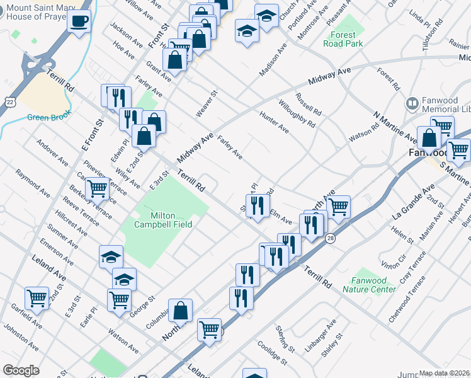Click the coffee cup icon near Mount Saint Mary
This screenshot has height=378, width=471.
79,21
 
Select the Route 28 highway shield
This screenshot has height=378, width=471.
330,236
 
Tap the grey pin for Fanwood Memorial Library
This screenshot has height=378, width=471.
413,103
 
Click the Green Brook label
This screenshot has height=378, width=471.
47,117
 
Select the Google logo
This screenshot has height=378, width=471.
21,370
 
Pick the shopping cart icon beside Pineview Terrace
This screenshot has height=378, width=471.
97,188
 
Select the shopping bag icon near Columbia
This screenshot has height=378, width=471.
180,310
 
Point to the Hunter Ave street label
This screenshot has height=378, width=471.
274,122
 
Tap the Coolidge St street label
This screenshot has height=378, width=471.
272,355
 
